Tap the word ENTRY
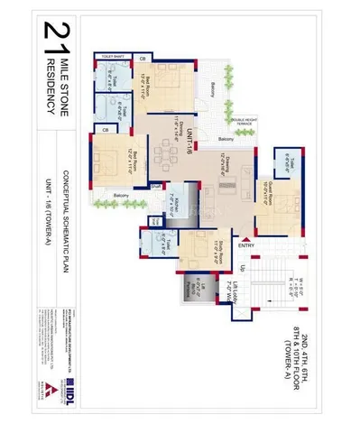click(x=246, y=245)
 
